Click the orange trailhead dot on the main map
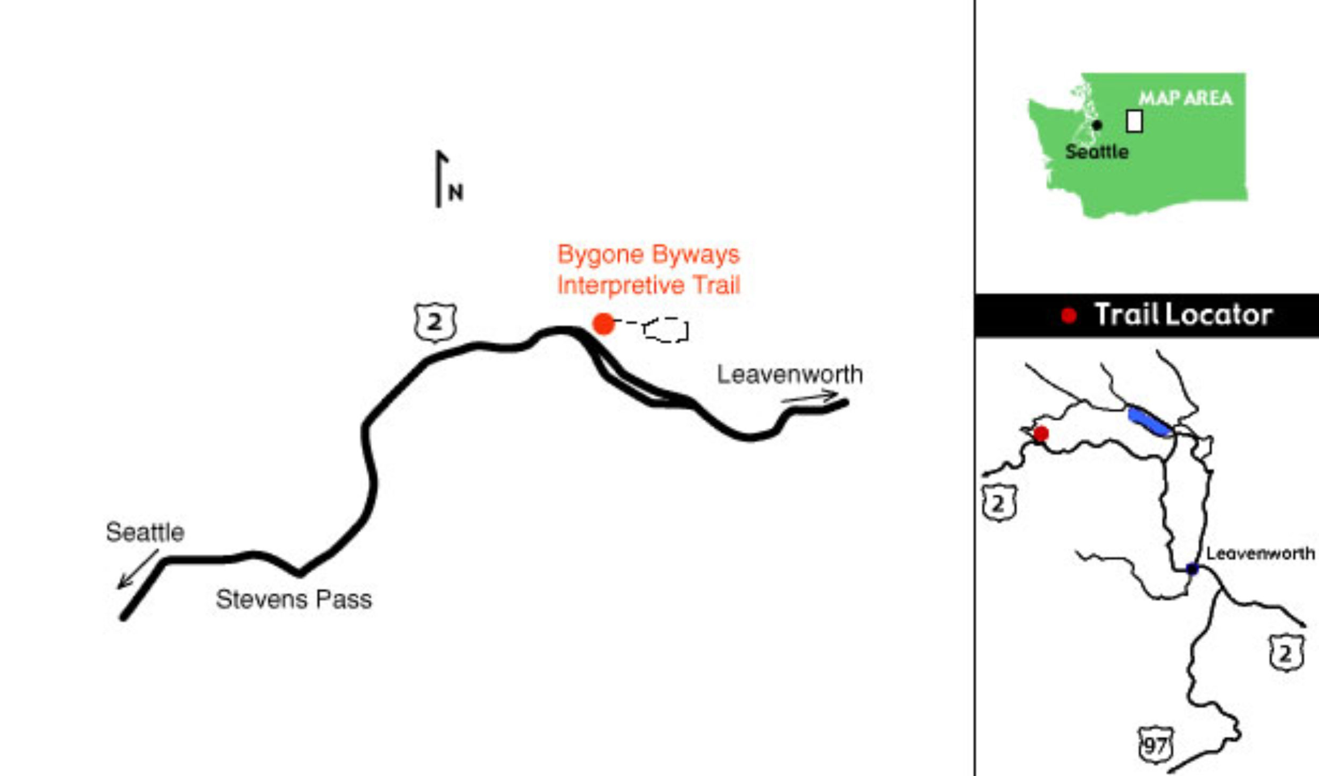point(603,324)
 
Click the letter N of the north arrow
point(456,193)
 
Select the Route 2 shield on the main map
point(435,323)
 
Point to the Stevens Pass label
point(294,600)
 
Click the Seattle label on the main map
point(145,532)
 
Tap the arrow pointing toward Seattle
point(137,569)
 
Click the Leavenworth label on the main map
point(790,375)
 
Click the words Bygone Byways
point(648,254)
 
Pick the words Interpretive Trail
point(648,286)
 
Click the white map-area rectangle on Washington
point(1134,121)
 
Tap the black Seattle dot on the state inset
point(1097,125)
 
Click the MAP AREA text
point(1185,98)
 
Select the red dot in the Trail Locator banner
point(1069,316)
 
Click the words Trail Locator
point(1183,315)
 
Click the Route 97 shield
point(1155,746)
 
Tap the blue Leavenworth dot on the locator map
point(1192,569)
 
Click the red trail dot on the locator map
point(1041,434)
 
